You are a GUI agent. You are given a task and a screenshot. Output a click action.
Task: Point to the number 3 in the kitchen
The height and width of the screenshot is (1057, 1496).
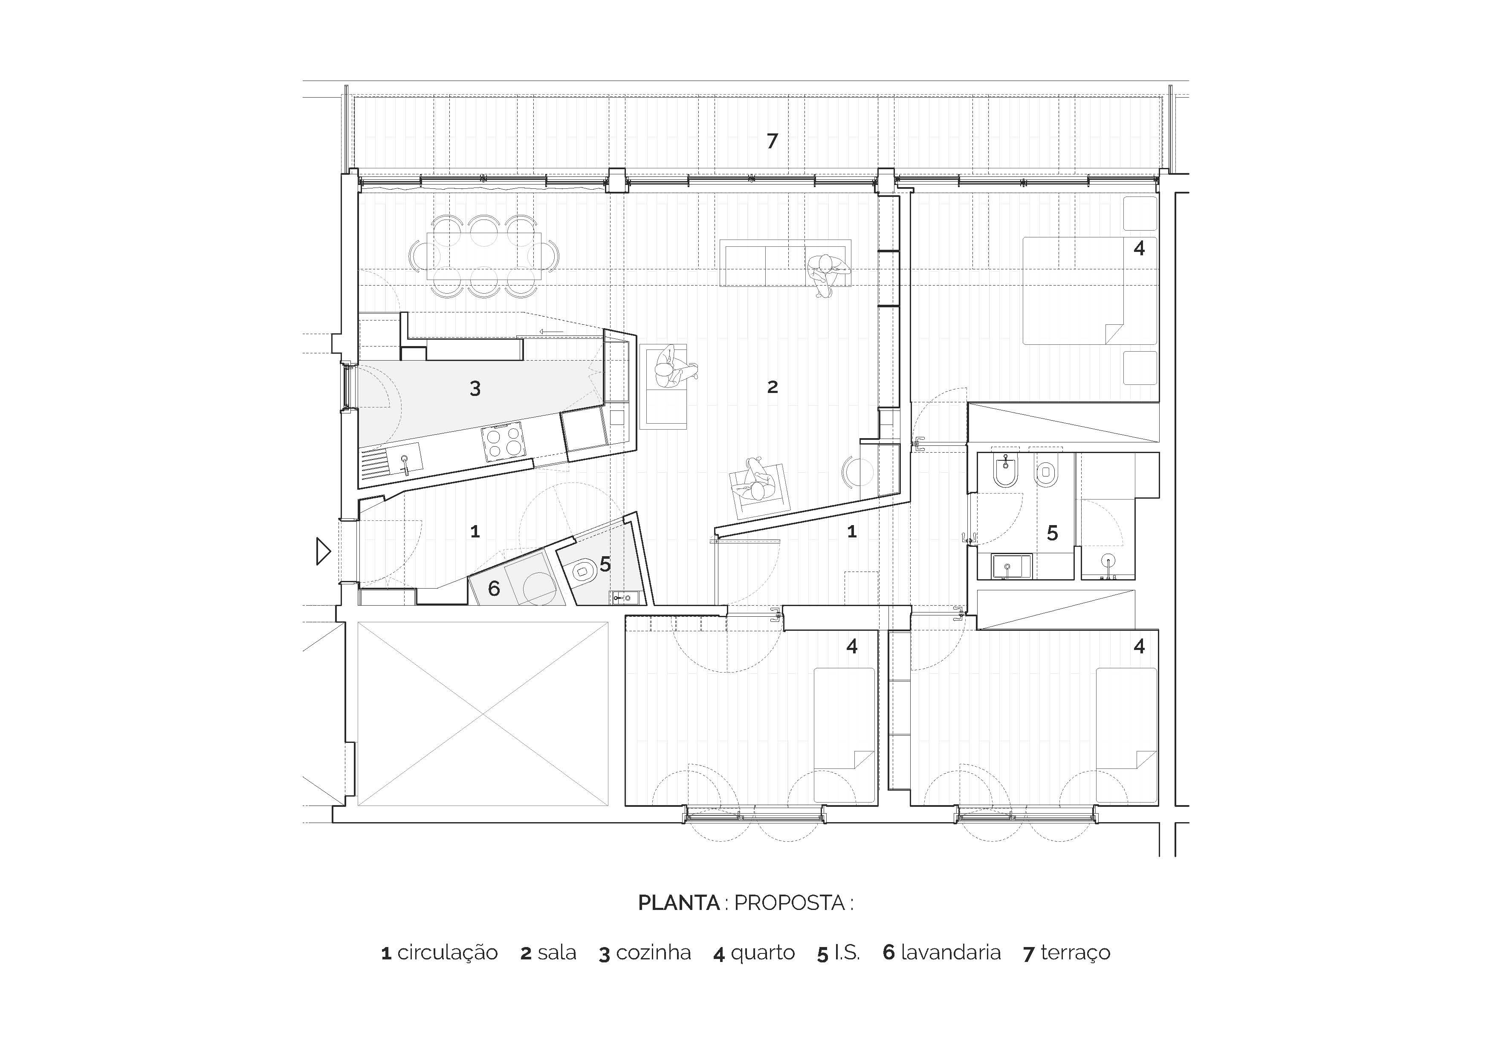[x=475, y=389]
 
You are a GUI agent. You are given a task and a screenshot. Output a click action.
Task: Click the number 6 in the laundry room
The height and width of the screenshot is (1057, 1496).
[x=494, y=589]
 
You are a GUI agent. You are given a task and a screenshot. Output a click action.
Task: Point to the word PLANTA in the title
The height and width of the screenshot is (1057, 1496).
[x=678, y=903]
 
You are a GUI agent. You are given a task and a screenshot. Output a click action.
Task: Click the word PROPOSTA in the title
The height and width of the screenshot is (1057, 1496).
[x=789, y=903]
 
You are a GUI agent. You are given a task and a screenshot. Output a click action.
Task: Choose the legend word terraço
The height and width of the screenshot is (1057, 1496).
[x=1075, y=953]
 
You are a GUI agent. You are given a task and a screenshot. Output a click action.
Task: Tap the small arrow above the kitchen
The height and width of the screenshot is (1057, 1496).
[x=551, y=332]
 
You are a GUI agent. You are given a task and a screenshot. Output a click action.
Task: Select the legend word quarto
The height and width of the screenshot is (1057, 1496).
[x=762, y=953]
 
